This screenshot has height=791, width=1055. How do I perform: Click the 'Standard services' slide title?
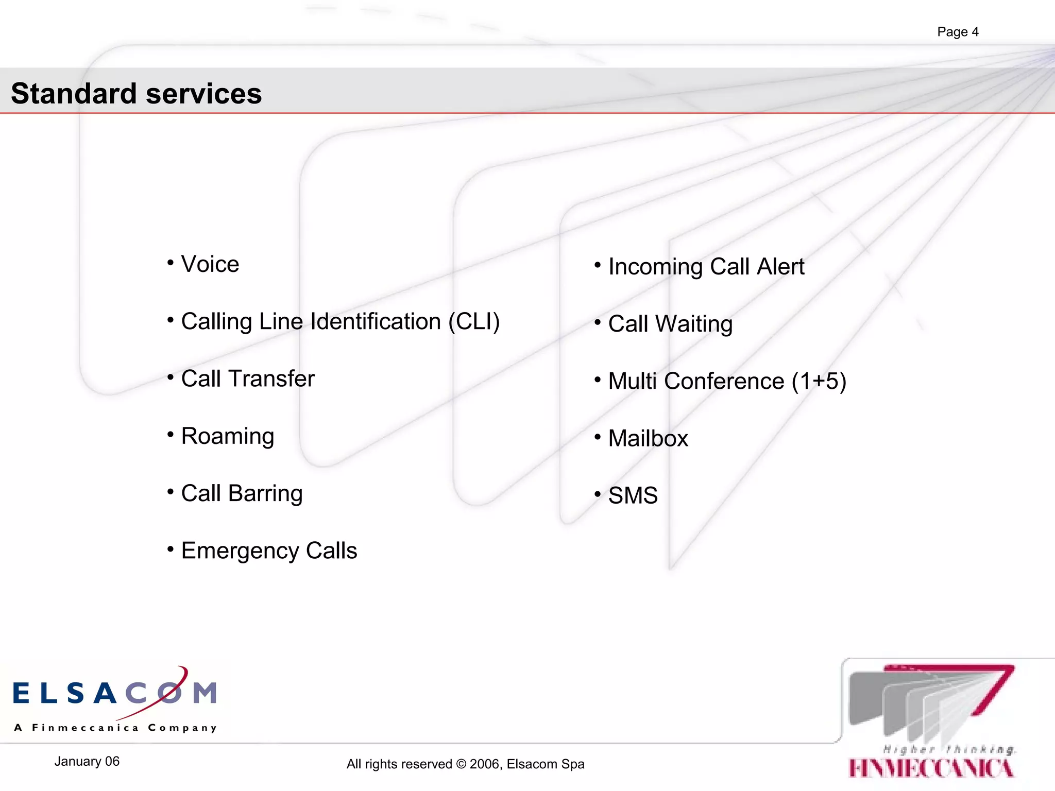pos(136,94)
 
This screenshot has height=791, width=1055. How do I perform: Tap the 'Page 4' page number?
pos(957,32)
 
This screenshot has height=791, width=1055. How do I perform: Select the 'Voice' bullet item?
pos(210,264)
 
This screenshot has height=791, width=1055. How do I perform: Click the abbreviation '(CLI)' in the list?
pos(474,322)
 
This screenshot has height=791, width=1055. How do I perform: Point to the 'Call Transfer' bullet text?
pos(248,379)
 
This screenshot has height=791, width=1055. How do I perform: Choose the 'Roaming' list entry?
pos(227,436)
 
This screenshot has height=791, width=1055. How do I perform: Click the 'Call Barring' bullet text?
pos(242,493)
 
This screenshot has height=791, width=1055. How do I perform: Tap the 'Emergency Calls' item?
pos(269,551)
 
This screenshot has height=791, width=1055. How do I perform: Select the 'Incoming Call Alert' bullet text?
pos(706,267)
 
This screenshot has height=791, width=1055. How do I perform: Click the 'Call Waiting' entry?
pos(670,324)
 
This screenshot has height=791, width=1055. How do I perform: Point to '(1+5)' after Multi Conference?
pos(819,382)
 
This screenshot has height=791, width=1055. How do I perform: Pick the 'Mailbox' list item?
pos(648,439)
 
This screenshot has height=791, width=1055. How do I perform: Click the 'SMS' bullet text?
pos(633,496)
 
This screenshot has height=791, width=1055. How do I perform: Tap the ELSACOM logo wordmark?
pos(114,693)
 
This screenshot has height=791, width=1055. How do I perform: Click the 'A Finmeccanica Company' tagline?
pos(115,728)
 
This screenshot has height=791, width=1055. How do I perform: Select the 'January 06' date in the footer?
pos(87,762)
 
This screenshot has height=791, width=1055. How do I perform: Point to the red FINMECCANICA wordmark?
pos(931,768)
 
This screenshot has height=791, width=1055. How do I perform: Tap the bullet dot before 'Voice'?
pos(171,263)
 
